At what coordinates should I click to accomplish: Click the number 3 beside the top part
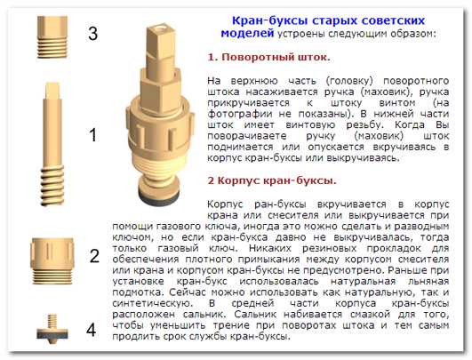click(93, 33)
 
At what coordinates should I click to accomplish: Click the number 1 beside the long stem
click(93, 134)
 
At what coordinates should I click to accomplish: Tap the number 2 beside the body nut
click(94, 256)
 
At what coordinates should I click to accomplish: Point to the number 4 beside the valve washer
click(91, 330)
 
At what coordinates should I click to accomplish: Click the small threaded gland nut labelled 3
click(52, 36)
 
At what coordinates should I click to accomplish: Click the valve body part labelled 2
click(52, 260)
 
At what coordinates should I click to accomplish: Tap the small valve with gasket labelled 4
click(52, 329)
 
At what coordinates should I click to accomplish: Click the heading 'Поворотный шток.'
click(268, 57)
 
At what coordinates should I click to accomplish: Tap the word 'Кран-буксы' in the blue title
click(269, 20)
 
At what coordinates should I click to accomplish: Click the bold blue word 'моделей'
click(247, 33)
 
